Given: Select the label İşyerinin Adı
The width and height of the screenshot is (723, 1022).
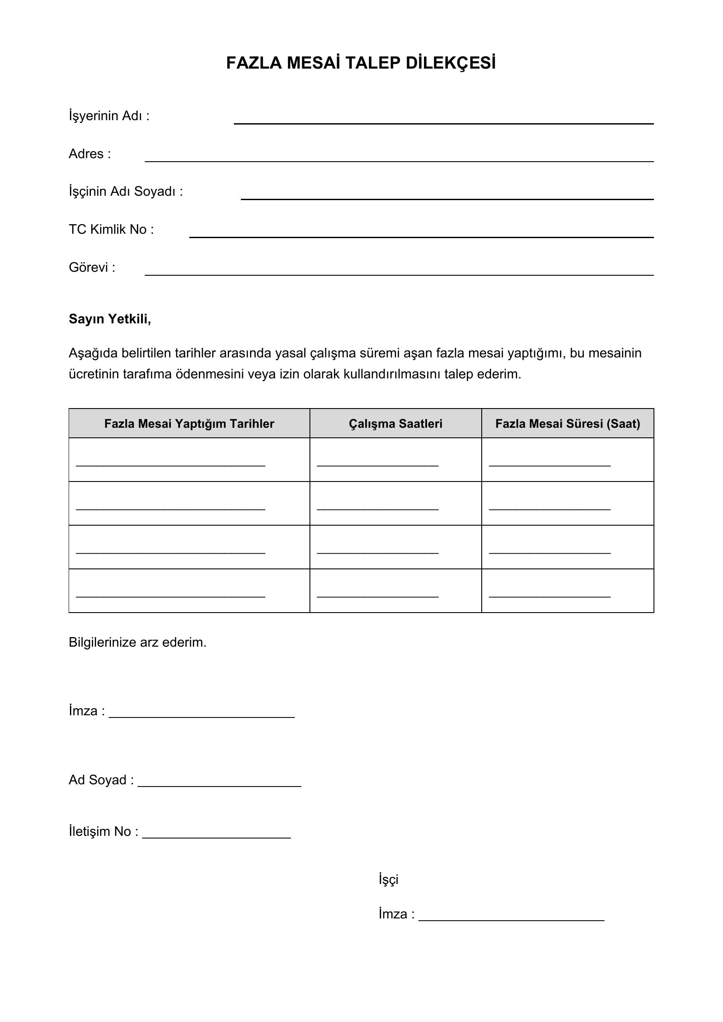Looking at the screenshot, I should coord(109,116).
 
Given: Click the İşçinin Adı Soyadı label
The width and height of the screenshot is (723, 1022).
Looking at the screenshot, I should coord(125,191).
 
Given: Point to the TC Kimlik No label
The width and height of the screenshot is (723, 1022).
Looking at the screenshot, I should coord(111,229).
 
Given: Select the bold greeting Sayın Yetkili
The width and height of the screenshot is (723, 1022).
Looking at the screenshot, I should coord(110,319).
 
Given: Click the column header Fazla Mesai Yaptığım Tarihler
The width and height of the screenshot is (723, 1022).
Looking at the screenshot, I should coord(189,424).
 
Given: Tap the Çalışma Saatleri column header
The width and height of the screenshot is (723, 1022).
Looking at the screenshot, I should coord(395,424).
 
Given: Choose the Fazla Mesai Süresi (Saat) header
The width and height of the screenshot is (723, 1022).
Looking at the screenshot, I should coord(567,424).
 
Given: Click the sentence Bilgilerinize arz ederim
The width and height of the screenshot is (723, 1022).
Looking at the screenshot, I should coord(138,642).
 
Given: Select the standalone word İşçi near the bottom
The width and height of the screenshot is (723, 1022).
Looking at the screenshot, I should coord(388,880).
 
